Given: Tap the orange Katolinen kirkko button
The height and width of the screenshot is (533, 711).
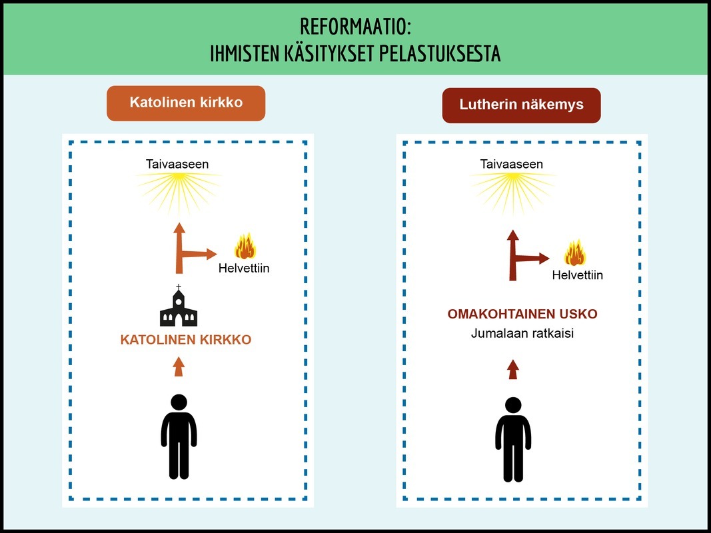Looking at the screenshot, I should point(186,104).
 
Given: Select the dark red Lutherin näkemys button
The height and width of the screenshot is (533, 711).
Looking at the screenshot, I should point(521,105).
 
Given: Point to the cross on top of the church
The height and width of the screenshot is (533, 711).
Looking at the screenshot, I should point(178,288).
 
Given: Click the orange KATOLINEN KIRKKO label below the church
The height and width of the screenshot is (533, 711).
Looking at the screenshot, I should point(185,340).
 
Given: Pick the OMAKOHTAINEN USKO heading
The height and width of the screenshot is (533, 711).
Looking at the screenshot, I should point(522,314).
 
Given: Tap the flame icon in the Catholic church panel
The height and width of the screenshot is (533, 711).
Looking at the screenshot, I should point(245,246).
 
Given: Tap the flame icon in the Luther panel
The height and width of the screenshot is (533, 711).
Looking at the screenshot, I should point(575,253).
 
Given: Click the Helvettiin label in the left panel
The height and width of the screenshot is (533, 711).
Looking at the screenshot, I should point(244,269).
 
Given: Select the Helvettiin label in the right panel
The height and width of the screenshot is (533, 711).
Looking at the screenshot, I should point(577,274).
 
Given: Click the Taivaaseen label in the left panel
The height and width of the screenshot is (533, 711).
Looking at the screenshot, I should point(177,164).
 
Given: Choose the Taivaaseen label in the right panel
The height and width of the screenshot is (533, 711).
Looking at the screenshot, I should point(512,164).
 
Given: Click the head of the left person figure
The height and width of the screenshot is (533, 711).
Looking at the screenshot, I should point(179,402).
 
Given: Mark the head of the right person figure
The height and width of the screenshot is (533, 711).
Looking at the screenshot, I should point(512,405).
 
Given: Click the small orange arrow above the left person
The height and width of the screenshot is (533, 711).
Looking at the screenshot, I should point(178,366).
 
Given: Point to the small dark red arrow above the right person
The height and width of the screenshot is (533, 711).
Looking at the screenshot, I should point(512,369).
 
